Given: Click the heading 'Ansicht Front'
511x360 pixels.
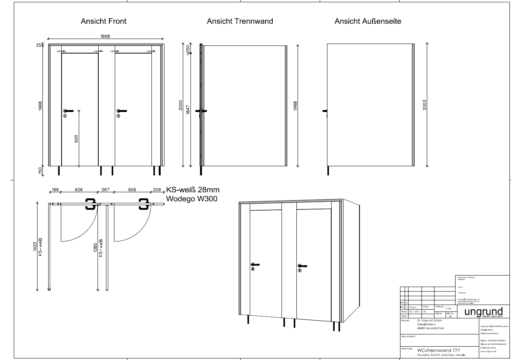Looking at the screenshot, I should point(103,21).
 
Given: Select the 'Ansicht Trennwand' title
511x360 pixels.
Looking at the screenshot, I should point(240,21).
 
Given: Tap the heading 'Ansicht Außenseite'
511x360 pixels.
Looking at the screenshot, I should point(368,21).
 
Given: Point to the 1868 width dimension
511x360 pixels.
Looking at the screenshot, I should point(105,36).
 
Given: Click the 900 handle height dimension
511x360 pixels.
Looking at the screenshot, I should point(76,139).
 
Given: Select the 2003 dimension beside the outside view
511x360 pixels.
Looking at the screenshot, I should point(425,105).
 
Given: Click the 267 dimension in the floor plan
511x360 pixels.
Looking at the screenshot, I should point(105,190).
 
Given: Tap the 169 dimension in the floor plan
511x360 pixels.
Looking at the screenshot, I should point(55,190).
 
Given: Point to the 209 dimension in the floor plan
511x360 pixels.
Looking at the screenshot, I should point(157,190).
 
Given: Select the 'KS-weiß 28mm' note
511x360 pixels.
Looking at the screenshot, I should point(193,190).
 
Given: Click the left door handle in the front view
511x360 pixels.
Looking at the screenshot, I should point(68,111).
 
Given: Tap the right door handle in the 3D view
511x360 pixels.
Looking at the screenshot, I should point(302,266).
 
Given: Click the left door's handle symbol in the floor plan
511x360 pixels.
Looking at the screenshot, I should point(90,204).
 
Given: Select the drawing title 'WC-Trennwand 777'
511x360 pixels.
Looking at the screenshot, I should point(438,350).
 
